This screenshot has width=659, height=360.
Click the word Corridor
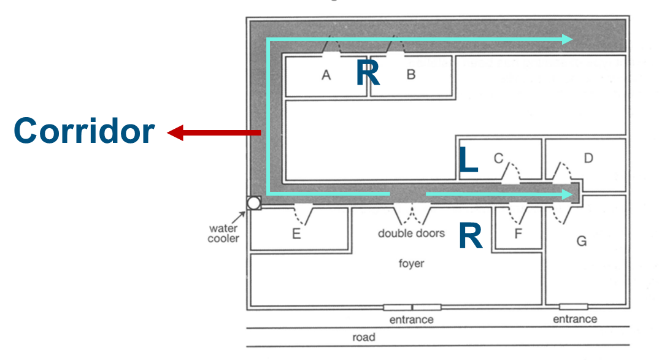tap(84, 131)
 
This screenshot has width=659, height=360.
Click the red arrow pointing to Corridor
tap(214, 132)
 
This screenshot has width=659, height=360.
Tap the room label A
tap(326, 75)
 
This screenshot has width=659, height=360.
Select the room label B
tap(411, 75)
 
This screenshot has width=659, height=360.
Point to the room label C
tap(498, 158)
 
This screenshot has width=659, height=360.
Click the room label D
tap(588, 158)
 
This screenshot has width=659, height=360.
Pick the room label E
tap(296, 234)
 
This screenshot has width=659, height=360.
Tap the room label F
tap(518, 233)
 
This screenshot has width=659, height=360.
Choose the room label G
tap(582, 241)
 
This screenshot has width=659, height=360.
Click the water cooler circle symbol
tap(253, 204)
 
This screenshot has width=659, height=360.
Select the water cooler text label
tap(223, 233)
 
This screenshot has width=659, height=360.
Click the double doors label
tap(411, 233)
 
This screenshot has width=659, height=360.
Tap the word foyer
tap(412, 263)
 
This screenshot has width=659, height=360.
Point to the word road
tap(363, 337)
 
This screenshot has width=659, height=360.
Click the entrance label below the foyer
tap(412, 320)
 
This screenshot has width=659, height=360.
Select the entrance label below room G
tap(575, 320)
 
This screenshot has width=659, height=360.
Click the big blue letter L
tap(468, 159)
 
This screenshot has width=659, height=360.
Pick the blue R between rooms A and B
tap(368, 72)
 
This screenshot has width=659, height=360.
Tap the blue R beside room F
tap(471, 236)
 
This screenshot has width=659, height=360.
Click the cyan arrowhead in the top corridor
tap(567, 39)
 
